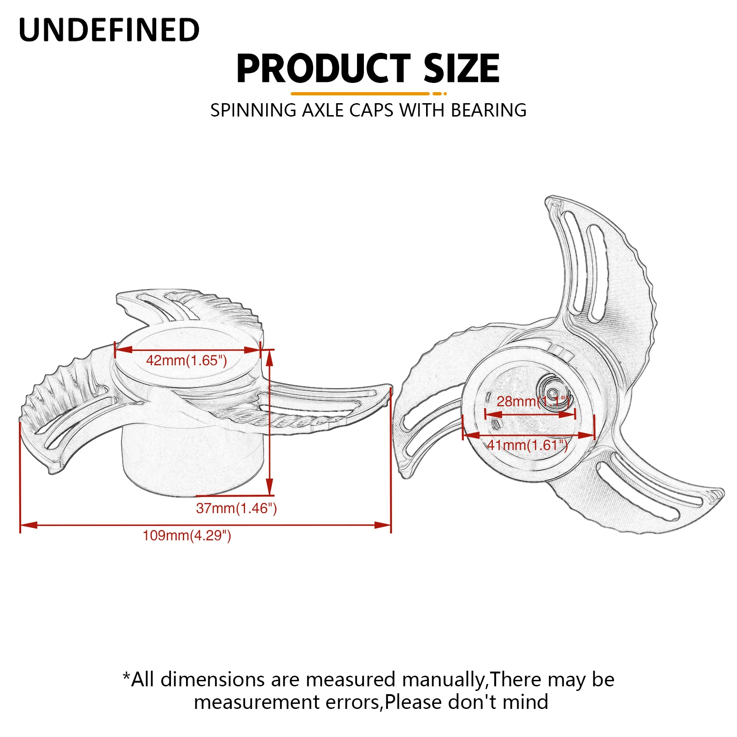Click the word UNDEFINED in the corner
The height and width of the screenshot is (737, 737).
[109, 30]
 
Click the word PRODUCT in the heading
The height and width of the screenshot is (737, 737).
[323, 69]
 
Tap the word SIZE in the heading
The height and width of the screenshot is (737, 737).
[461, 69]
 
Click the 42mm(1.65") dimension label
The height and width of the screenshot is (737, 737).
[187, 360]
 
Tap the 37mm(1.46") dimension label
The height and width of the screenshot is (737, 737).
[236, 508]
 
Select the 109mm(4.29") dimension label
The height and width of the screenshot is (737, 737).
[187, 535]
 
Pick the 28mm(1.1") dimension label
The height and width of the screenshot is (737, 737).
[533, 401]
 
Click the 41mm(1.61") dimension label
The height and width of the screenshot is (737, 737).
[527, 445]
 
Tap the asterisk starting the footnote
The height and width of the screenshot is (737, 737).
[126, 677]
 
